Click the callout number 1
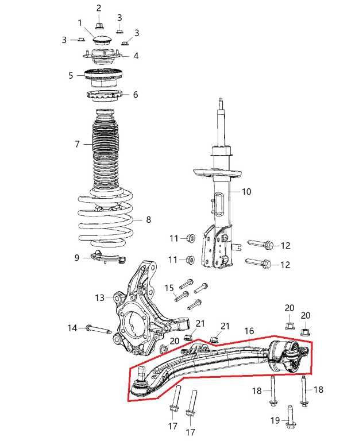(x=80, y=23)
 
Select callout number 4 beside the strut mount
(x=136, y=56)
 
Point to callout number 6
(x=136, y=95)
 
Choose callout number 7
(x=77, y=144)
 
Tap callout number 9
(x=77, y=258)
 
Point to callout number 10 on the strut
(x=246, y=192)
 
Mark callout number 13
(x=100, y=298)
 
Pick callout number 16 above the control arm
(x=249, y=331)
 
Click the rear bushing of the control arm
(x=288, y=354)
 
